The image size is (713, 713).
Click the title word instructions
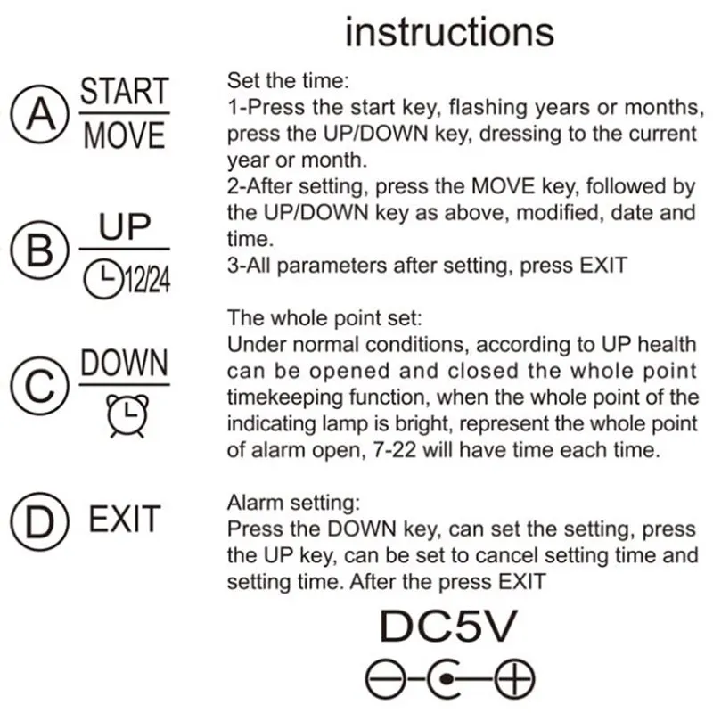pos(449,33)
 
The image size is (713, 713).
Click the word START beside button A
pos(124,92)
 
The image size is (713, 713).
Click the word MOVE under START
pos(124,136)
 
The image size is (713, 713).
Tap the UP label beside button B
pos(125,228)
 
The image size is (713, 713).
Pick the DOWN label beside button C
pos(124,364)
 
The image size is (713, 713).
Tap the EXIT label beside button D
pos(125,520)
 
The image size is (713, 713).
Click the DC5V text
pos(447,627)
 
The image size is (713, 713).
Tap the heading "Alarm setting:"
pos(290,503)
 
